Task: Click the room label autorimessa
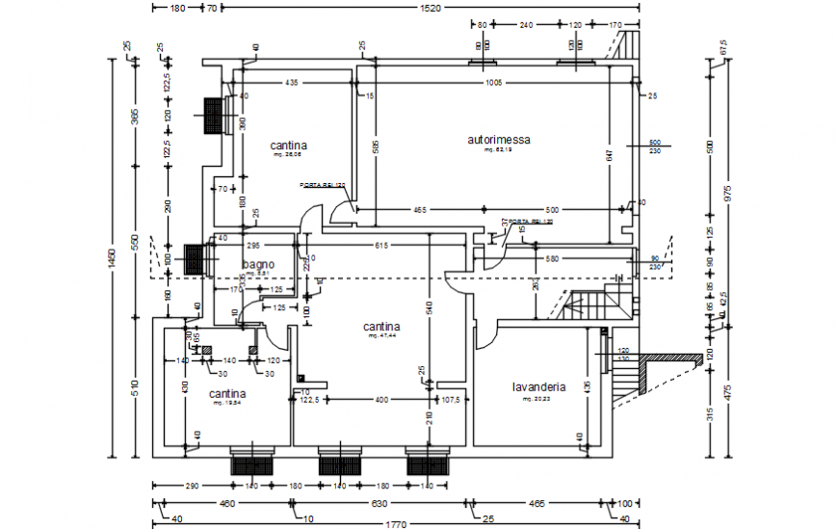(x=499, y=140)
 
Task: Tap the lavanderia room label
(x=538, y=387)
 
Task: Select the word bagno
(x=259, y=264)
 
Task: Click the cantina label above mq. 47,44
(x=381, y=327)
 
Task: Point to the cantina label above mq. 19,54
(x=227, y=393)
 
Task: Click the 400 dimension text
(x=381, y=398)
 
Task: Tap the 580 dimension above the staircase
(x=552, y=258)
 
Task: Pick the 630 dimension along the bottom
(x=380, y=503)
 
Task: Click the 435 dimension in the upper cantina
(x=291, y=84)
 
